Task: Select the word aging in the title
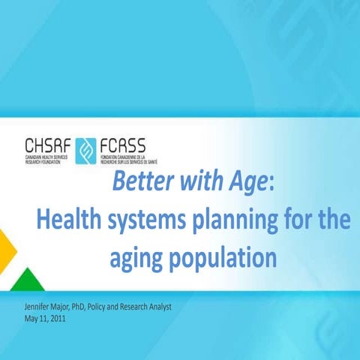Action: pyautogui.click(x=136, y=259)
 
